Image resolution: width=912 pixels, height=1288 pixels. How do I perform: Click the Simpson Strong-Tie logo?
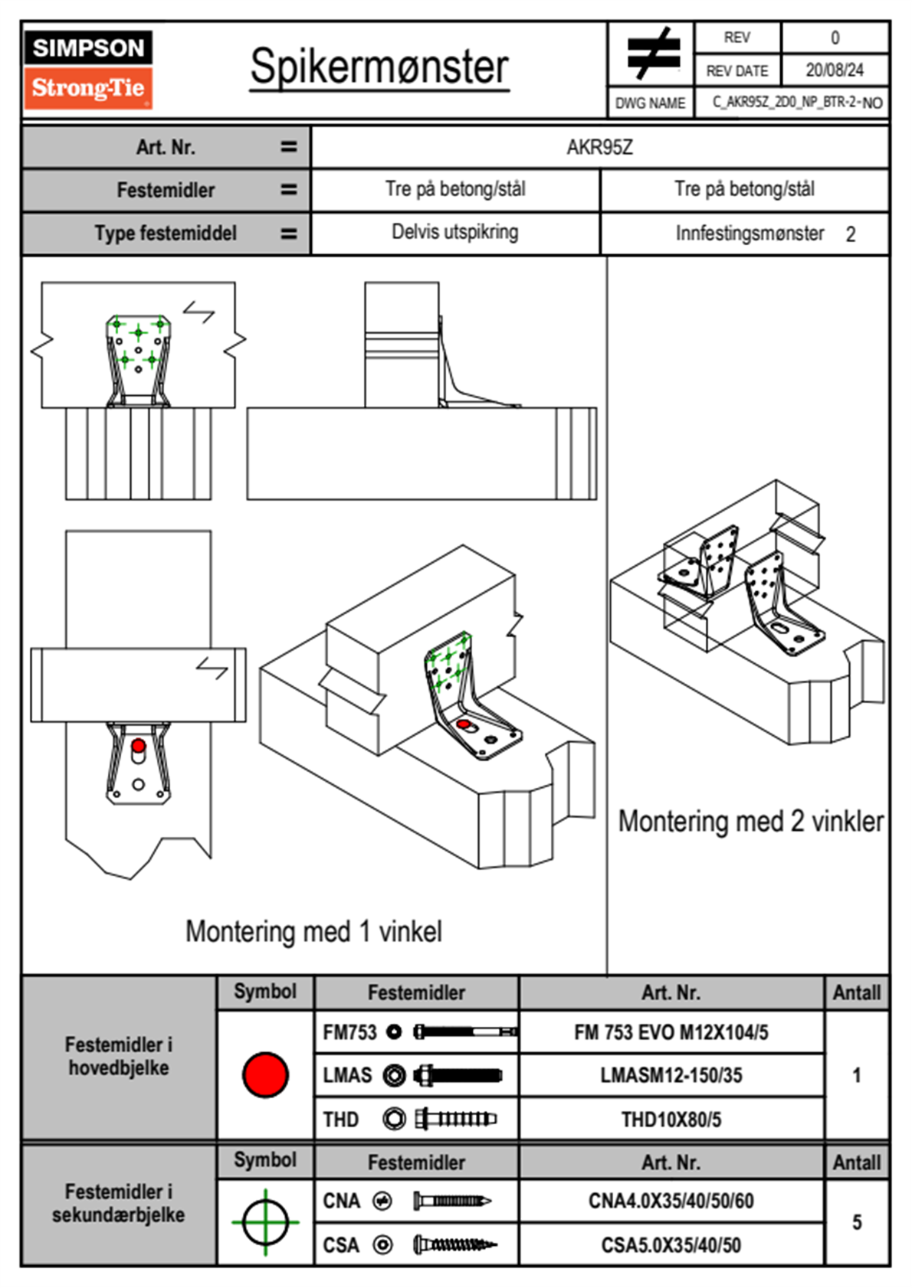(88, 70)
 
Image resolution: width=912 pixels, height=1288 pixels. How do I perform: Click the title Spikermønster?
(379, 67)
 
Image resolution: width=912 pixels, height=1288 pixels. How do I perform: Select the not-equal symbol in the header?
(652, 54)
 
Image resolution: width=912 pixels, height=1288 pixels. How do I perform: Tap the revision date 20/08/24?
(834, 70)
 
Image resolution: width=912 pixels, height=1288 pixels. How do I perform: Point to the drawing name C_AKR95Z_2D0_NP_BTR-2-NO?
(796, 103)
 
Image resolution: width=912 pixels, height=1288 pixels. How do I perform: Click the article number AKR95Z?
(599, 147)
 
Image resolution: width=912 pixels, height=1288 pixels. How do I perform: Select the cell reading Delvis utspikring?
(454, 232)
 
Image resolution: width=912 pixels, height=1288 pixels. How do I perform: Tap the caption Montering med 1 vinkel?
(313, 931)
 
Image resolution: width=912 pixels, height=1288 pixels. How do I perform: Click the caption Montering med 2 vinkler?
(750, 821)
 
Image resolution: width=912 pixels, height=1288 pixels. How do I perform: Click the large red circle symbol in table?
(265, 1074)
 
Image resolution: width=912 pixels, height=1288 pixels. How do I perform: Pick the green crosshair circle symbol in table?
(265, 1222)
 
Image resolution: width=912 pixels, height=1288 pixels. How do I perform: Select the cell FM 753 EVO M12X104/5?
(671, 1032)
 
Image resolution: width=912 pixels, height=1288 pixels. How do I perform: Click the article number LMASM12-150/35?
(671, 1075)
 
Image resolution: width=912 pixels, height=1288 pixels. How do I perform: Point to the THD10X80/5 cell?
(671, 1120)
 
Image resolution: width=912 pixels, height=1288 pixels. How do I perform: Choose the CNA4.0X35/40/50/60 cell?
(671, 1201)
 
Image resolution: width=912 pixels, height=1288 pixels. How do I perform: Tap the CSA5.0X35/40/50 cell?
(671, 1245)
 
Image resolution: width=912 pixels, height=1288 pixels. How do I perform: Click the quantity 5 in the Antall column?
(857, 1222)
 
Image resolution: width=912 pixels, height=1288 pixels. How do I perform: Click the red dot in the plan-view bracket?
(138, 745)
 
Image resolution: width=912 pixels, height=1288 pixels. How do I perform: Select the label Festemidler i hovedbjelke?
(119, 1056)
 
